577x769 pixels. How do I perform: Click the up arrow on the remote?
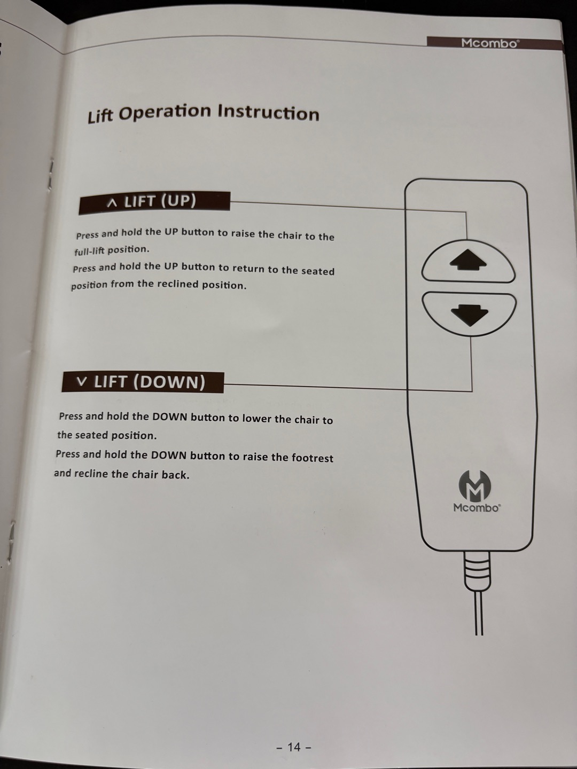[467, 260]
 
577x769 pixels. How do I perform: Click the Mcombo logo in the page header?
[490, 43]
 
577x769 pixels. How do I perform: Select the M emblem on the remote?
[475, 486]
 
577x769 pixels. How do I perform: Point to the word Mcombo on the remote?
[477, 508]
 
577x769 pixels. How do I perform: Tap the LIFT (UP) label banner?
[154, 203]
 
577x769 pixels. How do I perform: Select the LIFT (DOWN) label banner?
[143, 382]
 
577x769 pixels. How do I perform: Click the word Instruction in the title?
[268, 113]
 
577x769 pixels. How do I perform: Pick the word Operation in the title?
[165, 113]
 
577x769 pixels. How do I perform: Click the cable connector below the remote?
[477, 571]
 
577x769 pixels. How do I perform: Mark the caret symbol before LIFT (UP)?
[112, 203]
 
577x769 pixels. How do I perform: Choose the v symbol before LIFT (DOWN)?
[82, 381]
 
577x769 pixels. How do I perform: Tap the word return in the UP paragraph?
[248, 269]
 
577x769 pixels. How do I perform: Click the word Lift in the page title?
[100, 115]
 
